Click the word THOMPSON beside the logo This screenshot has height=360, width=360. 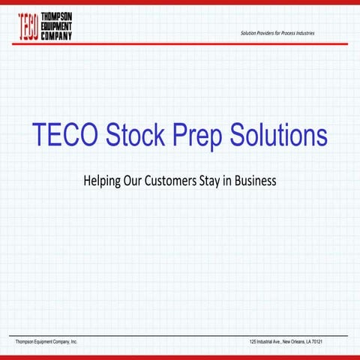(x=56, y=17)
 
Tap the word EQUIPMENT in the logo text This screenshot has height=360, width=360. (x=57, y=26)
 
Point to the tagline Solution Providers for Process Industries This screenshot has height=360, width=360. (x=277, y=34)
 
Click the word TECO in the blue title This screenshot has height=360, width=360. (x=65, y=136)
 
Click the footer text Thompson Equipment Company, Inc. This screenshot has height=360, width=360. (x=47, y=342)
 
